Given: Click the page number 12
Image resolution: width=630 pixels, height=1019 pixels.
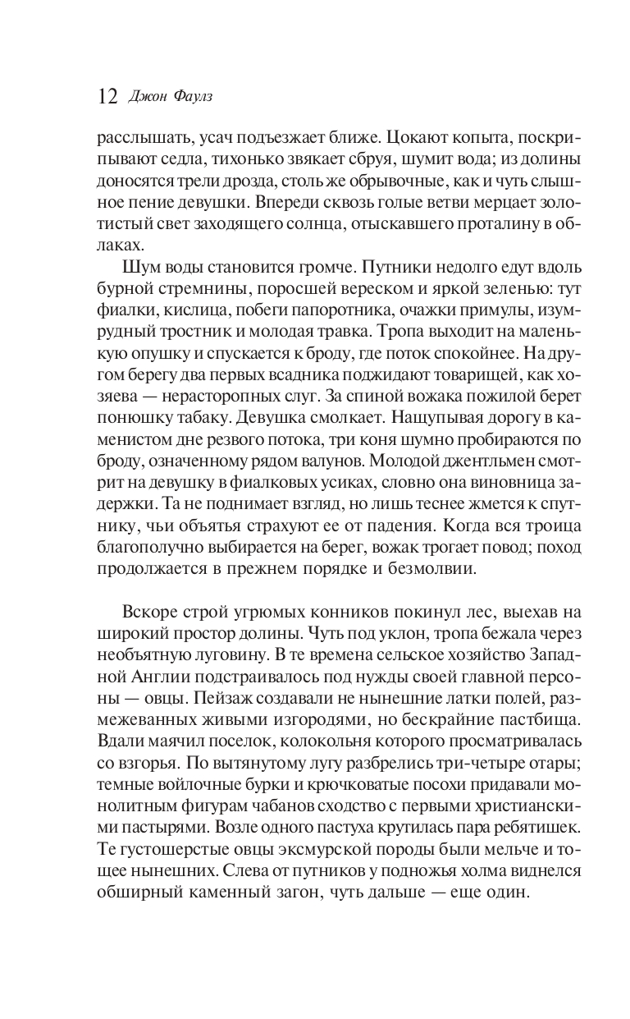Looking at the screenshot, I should pyautogui.click(x=107, y=96).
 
